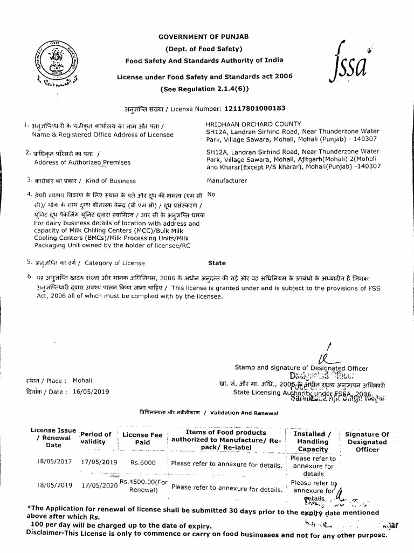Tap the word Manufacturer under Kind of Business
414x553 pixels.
click(227, 181)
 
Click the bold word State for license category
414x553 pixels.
click(217, 263)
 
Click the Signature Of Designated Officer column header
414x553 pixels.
click(367, 442)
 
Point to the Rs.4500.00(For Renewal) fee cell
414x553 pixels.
click(144, 486)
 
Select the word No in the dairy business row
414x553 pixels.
click(211, 193)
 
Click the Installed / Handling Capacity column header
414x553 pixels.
click(313, 441)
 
